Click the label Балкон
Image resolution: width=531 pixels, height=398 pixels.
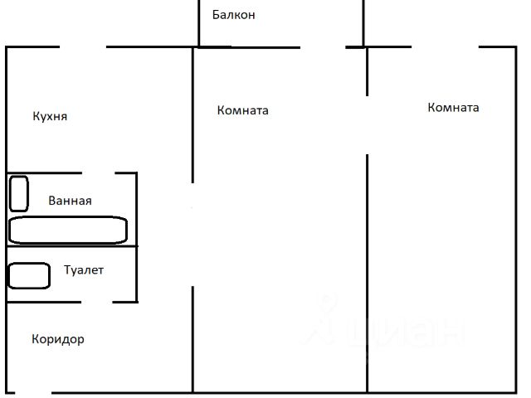(x=233, y=15)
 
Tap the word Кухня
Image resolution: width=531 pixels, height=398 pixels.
(x=50, y=117)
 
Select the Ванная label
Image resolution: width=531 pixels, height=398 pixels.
(x=70, y=201)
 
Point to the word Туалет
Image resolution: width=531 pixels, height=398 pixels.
(x=84, y=270)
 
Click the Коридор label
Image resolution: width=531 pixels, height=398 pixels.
(x=58, y=339)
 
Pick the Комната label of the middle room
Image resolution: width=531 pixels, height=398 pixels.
(x=242, y=110)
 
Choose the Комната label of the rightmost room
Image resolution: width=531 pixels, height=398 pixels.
(x=453, y=108)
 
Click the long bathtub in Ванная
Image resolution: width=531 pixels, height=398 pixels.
(x=68, y=231)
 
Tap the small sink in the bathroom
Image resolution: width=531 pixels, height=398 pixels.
(x=18, y=193)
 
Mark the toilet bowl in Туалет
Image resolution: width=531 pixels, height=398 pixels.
(x=29, y=275)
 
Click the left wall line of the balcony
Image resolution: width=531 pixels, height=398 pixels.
(x=199, y=23)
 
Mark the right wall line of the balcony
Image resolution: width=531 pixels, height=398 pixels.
(x=363, y=23)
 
